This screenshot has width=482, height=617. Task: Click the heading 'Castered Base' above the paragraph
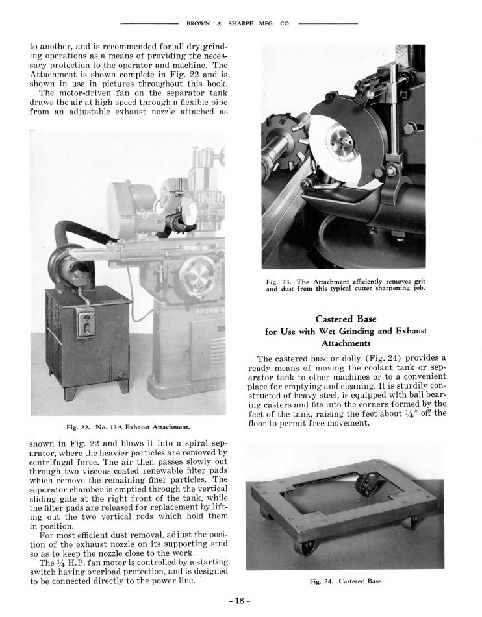(346, 319)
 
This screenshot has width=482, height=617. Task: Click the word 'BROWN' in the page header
(197, 23)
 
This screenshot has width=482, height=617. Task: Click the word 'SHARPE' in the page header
(242, 23)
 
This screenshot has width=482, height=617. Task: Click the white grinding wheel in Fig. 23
(338, 139)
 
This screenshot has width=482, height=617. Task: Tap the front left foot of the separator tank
(70, 392)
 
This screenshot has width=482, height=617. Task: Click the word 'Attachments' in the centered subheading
(346, 343)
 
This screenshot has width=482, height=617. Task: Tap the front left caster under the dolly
(305, 546)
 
